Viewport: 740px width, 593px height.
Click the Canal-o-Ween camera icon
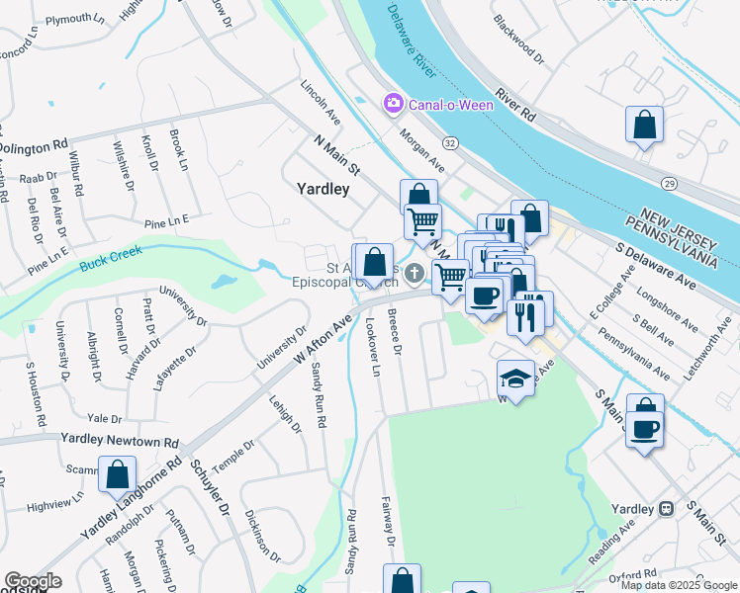click(394, 103)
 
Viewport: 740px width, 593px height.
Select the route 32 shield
click(450, 143)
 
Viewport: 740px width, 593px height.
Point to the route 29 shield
click(669, 184)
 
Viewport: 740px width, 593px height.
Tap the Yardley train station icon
click(667, 508)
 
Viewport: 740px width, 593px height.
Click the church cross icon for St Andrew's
click(415, 273)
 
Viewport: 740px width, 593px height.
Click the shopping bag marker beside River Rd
click(644, 127)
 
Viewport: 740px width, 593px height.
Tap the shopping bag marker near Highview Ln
click(117, 475)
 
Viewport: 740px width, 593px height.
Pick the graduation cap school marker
click(514, 380)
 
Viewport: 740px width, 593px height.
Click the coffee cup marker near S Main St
click(645, 431)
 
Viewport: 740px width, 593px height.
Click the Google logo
click(33, 581)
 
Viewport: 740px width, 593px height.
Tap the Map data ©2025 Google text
click(679, 585)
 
